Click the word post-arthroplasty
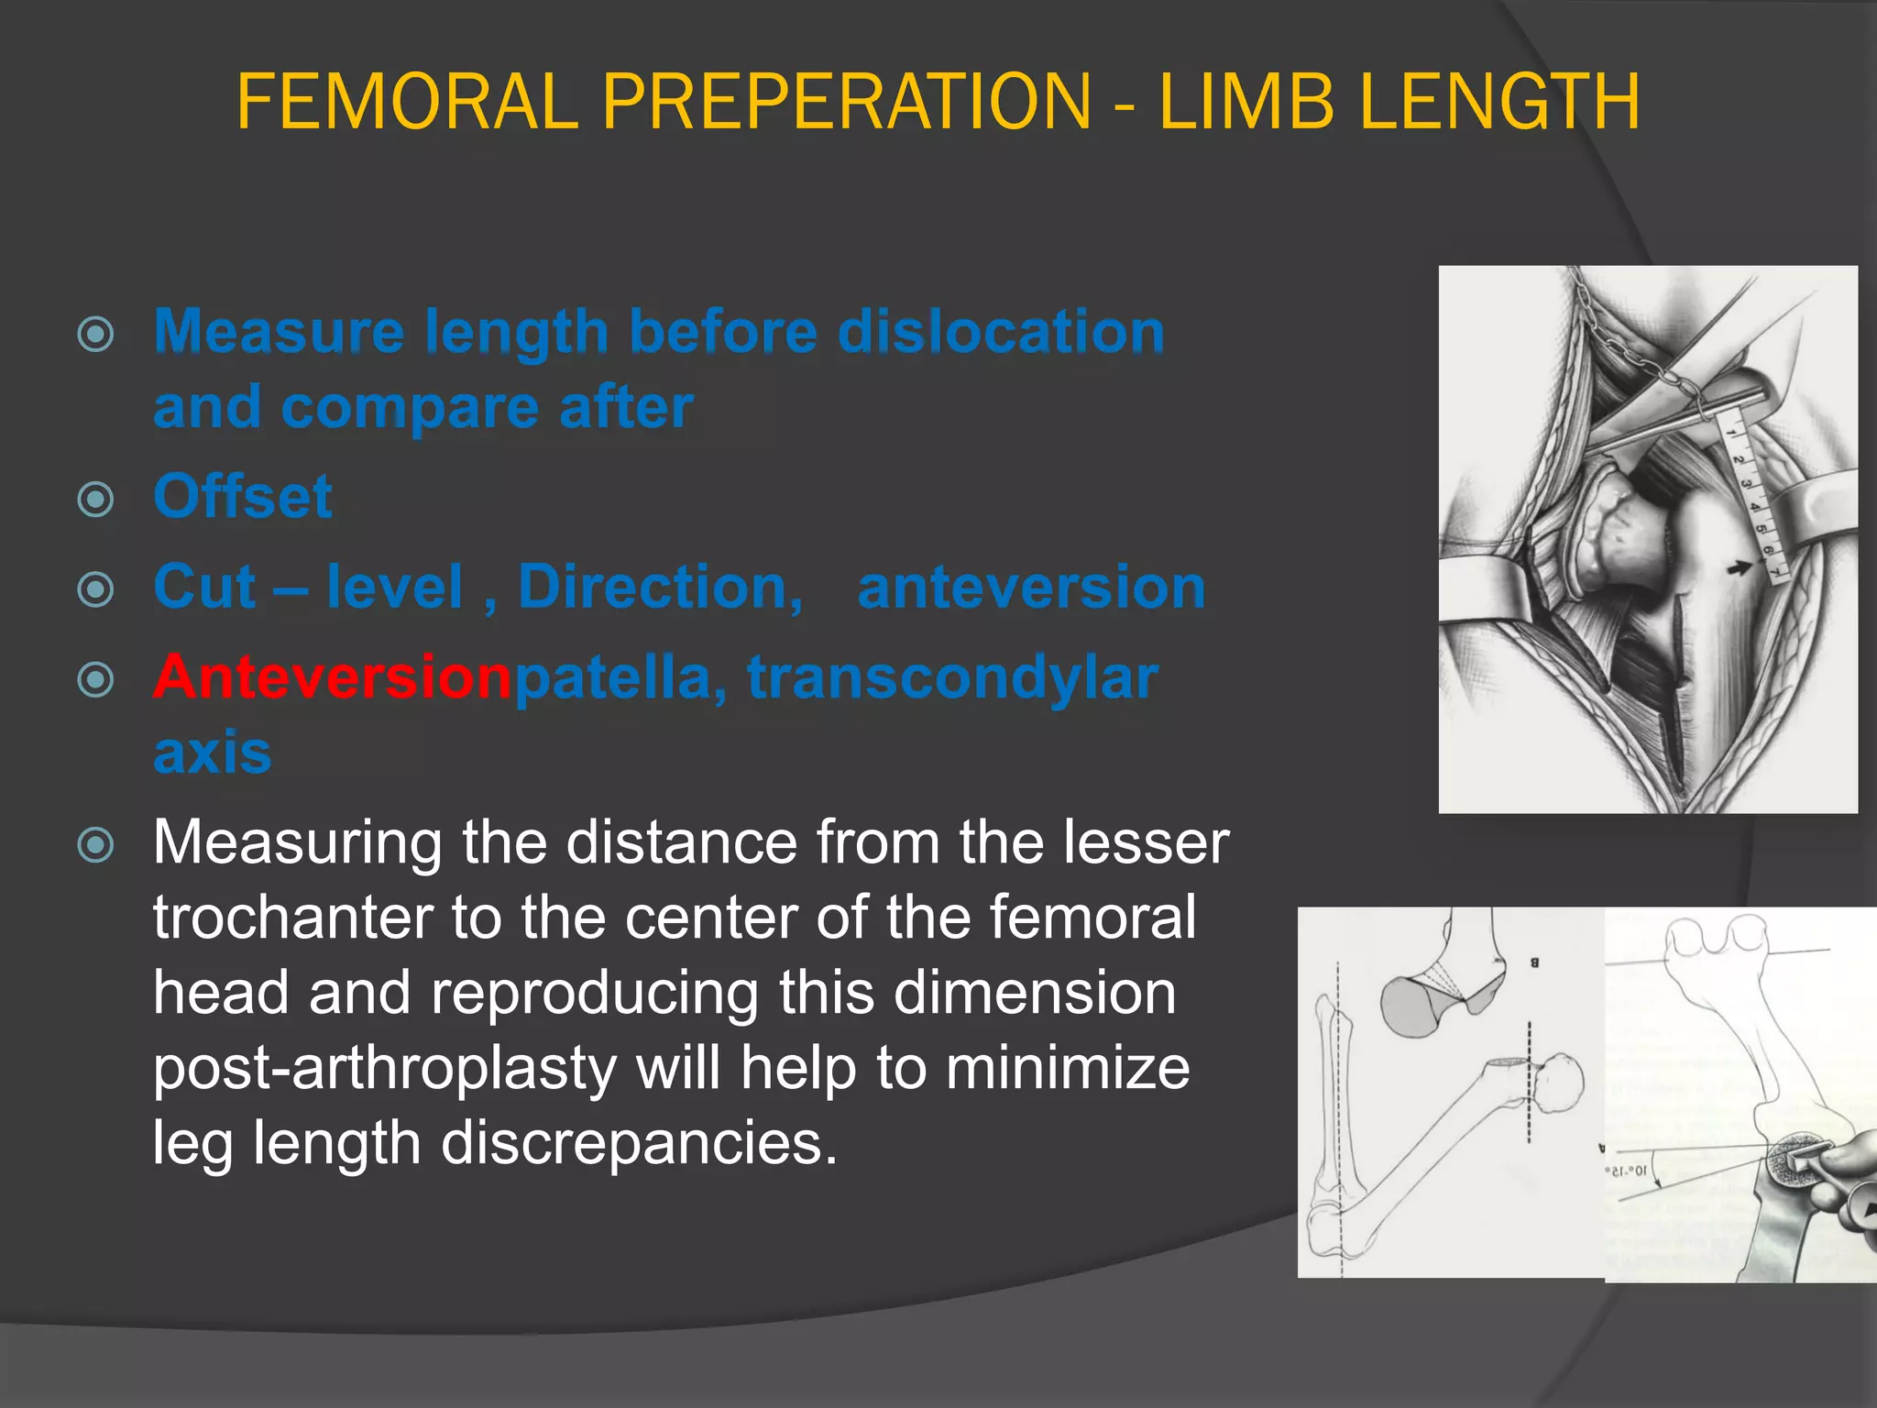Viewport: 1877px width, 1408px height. [x=385, y=1068]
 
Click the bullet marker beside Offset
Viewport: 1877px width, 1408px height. [x=96, y=500]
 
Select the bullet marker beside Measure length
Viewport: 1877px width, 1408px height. [x=96, y=335]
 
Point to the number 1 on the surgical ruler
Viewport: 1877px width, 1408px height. [x=1731, y=432]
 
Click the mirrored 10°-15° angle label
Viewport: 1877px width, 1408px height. [x=1626, y=1171]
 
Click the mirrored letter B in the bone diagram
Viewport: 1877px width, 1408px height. [x=1534, y=962]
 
